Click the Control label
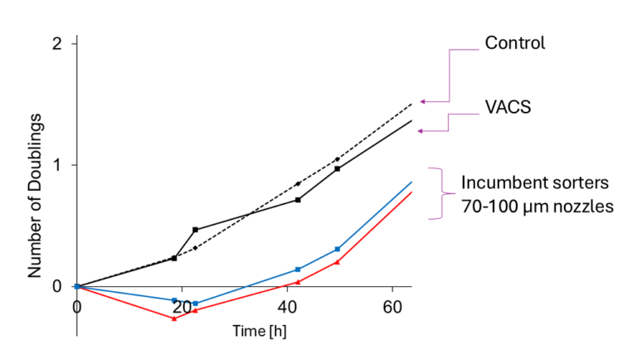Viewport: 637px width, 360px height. [514, 43]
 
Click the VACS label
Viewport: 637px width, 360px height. [508, 106]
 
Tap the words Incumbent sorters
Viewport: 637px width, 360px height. [524, 182]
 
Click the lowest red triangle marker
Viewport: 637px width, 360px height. [174, 319]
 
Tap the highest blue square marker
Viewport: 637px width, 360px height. [338, 249]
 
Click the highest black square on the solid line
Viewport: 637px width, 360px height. [338, 169]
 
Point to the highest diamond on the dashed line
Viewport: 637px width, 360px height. [338, 159]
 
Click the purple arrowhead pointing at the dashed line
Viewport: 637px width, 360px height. [422, 101]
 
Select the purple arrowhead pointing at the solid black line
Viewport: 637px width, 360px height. [421, 130]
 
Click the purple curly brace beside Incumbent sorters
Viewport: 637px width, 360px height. [433, 192]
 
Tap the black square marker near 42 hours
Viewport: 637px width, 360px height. [298, 199]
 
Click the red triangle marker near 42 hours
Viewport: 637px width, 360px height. [298, 282]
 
